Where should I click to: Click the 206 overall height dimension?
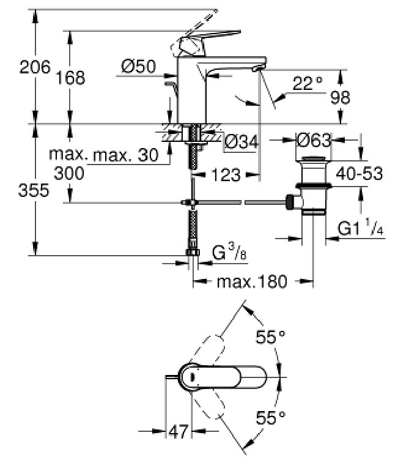(x=35, y=67)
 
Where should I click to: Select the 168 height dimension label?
(x=70, y=78)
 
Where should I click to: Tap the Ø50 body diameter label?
(x=139, y=66)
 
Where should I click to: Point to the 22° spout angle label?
(x=308, y=84)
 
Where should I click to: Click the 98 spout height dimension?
(x=340, y=98)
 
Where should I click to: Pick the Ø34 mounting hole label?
(x=241, y=142)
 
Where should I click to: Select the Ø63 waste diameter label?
(x=314, y=139)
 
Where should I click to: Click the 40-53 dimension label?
(x=359, y=174)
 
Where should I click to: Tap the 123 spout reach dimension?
(x=226, y=175)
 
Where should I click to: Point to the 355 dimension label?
(x=33, y=190)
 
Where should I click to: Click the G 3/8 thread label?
(x=229, y=252)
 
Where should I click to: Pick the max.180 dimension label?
(x=252, y=282)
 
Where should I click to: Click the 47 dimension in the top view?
(x=179, y=431)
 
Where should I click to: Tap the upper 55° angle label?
(x=270, y=336)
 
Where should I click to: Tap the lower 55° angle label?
(x=270, y=418)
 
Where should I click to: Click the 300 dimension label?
(x=69, y=173)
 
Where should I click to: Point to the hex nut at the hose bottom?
(x=193, y=252)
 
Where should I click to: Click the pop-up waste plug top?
(x=314, y=158)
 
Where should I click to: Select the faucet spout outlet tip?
(x=257, y=69)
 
